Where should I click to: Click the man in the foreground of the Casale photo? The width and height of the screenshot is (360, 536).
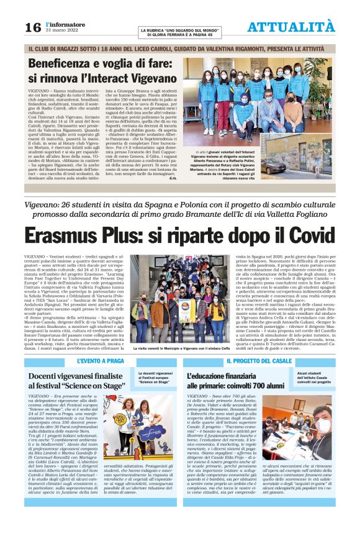(319, 428)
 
